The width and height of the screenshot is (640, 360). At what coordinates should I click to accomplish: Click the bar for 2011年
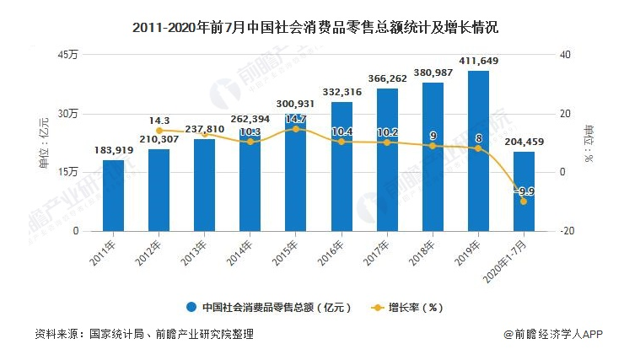coord(113,196)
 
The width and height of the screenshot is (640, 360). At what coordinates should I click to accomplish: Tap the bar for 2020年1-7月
coord(524,191)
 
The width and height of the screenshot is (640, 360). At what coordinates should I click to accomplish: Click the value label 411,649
coord(478,61)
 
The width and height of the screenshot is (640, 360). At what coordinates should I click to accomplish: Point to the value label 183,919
coord(113,150)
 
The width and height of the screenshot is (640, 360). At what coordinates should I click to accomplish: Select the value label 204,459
coord(524,142)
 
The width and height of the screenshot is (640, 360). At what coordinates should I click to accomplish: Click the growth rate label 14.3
coord(159,121)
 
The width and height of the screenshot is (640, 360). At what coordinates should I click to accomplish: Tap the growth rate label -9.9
coord(524,191)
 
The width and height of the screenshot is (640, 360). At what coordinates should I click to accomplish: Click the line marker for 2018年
coord(433,146)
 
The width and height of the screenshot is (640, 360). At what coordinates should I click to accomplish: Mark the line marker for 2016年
coord(342,142)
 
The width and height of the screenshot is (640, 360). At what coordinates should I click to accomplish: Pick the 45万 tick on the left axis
coord(67,55)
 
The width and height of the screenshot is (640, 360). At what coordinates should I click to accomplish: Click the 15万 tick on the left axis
coord(67,172)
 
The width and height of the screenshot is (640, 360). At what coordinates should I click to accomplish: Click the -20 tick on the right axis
coord(567,231)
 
